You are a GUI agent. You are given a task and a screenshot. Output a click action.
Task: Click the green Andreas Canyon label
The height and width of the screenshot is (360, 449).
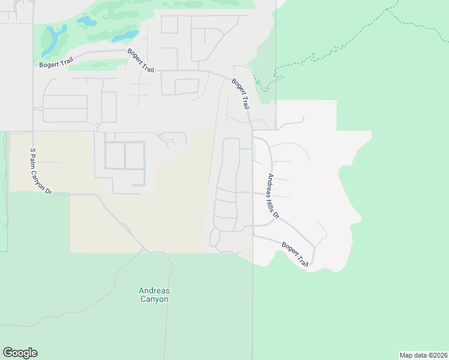tap(154, 295)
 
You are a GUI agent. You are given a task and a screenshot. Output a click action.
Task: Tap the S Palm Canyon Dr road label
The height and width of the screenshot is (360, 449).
tap(40, 171)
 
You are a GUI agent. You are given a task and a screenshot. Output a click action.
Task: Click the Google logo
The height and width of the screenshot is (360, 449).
tap(20, 353)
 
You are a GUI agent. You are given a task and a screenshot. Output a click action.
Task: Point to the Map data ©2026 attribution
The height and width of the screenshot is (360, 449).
tap(423, 355)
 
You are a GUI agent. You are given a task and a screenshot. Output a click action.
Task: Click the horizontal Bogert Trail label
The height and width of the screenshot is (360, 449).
tap(56, 63)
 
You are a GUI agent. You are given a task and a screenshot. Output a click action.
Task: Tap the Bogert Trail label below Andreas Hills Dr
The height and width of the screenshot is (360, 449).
tap(295, 254)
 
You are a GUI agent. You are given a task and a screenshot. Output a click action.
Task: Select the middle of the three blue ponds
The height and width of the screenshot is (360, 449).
tap(86, 22)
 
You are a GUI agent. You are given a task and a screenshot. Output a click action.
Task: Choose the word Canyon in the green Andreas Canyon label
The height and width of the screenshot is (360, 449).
tap(154, 299)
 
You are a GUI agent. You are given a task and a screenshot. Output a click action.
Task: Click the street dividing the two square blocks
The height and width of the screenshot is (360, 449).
tap(124, 156)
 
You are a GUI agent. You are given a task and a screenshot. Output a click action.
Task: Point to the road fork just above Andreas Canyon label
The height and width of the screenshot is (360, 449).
tap(143, 251)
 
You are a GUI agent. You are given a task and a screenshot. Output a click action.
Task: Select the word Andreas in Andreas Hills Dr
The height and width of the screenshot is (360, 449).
tap(271, 185)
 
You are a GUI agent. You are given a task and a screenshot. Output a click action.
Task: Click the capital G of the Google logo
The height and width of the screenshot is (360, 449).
tap(8, 353)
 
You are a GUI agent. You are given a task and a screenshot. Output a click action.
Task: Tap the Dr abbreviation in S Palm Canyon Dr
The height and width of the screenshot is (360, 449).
tap(49, 190)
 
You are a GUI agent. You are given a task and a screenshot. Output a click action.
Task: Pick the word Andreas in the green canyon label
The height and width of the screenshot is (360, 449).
tap(154, 290)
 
